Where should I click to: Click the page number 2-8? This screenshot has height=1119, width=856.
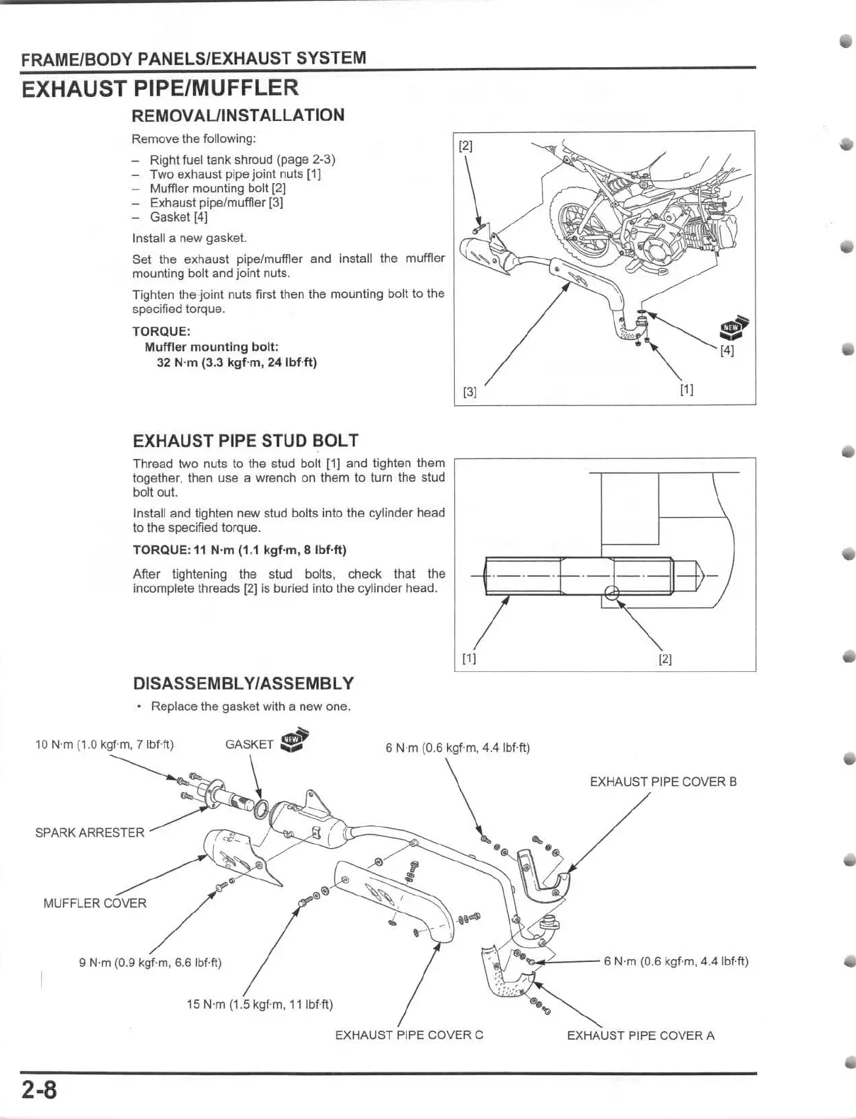(x=38, y=1091)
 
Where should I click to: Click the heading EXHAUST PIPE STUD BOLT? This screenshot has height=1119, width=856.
(x=245, y=441)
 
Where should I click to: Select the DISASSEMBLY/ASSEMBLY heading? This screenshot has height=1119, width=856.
(x=243, y=683)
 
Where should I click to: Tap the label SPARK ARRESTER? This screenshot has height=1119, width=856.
(x=90, y=833)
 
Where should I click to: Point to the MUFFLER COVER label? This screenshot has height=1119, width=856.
(x=95, y=903)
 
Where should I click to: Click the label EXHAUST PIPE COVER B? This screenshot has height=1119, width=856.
(x=663, y=782)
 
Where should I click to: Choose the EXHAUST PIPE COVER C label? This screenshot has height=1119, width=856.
(x=409, y=1035)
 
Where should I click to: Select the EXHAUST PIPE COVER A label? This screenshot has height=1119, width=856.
(x=640, y=1036)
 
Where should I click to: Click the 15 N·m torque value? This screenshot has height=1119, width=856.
(x=259, y=1004)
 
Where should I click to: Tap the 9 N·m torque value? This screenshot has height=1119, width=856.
(x=150, y=963)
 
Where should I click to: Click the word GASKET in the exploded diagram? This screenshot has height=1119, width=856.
(x=249, y=744)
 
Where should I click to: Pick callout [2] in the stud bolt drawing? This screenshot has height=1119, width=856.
(x=665, y=659)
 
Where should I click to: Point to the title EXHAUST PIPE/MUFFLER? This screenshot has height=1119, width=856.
(x=161, y=88)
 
